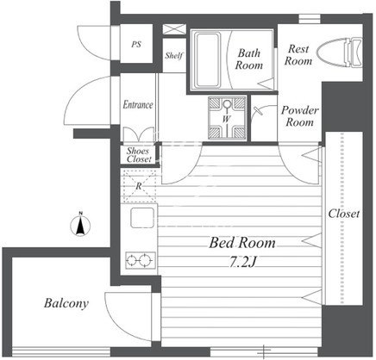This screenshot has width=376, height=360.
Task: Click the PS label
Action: click(x=136, y=45)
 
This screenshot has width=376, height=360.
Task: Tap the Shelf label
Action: click(x=174, y=55)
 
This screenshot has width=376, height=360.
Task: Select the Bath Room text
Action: click(x=249, y=59)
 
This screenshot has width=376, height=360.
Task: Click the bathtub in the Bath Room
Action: click(x=207, y=59)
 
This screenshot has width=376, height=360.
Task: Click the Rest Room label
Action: click(x=298, y=54)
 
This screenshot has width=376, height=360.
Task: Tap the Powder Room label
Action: click(x=299, y=116)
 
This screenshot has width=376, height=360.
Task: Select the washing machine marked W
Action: click(x=227, y=118)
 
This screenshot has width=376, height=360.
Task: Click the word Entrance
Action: click(x=138, y=104)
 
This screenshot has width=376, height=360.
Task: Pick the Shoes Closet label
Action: click(x=139, y=155)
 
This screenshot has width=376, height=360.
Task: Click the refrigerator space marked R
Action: click(x=139, y=186)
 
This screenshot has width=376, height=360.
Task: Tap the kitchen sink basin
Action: click(x=142, y=218)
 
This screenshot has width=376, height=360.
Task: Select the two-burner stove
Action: click(x=141, y=260)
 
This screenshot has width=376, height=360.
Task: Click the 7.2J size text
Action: click(x=242, y=262)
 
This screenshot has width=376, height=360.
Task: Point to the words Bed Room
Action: click(x=242, y=243)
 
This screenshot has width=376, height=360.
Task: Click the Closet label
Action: click(x=344, y=214)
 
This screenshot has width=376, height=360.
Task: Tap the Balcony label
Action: click(x=66, y=303)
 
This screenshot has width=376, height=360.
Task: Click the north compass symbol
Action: click(x=80, y=225)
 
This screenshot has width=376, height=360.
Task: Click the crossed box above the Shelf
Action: click(x=174, y=29)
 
